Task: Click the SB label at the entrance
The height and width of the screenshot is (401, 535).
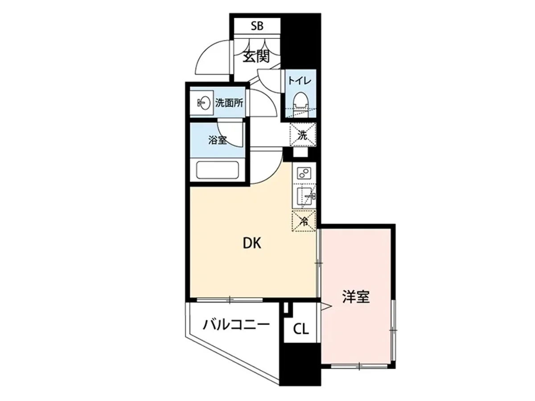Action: pyautogui.click(x=256, y=26)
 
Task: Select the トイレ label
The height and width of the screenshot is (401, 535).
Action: pyautogui.click(x=296, y=81)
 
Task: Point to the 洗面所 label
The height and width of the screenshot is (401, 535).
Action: pyautogui.click(x=229, y=103)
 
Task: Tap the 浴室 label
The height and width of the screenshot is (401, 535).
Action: pyautogui.click(x=218, y=140)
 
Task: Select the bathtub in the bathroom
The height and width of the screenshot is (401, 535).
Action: pyautogui.click(x=218, y=171)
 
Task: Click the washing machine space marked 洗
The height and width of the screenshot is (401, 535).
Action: pyautogui.click(x=303, y=134)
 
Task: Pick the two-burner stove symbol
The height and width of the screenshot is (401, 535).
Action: pyautogui.click(x=304, y=173)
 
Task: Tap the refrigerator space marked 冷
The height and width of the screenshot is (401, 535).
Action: pyautogui.click(x=304, y=221)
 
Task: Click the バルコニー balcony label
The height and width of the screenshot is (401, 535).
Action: pyautogui.click(x=236, y=324)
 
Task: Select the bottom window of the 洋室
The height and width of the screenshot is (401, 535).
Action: pyautogui.click(x=359, y=366)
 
